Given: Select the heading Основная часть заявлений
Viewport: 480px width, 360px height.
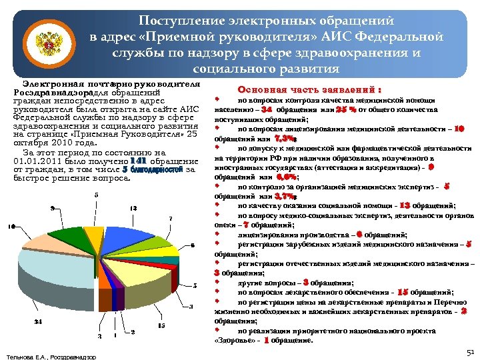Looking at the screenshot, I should [309, 89].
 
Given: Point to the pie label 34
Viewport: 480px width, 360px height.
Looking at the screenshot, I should [37, 322].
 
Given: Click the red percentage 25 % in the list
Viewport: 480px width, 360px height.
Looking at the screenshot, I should [347, 108].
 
